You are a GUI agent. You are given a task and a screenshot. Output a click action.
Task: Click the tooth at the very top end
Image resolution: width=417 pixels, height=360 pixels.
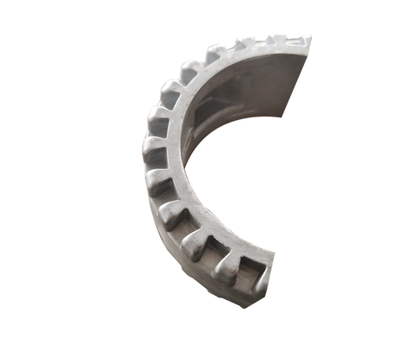[x=295, y=40]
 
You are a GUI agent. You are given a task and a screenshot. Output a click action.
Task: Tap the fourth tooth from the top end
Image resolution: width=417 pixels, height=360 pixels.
[x=215, y=54]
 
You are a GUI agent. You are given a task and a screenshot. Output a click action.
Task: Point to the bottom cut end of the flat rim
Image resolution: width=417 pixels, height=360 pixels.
[x=265, y=261]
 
